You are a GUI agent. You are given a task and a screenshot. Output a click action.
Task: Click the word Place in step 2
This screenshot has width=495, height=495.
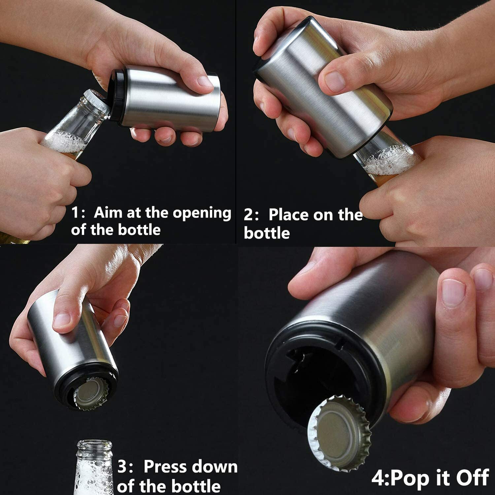tap(288, 215)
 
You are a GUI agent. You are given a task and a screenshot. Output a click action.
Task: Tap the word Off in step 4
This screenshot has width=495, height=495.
tap(472, 478)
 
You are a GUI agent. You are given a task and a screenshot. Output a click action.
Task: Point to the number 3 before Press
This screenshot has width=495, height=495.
tap(122, 467)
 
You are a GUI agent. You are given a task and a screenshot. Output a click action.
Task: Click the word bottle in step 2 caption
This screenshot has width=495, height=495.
tap(267, 233)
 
